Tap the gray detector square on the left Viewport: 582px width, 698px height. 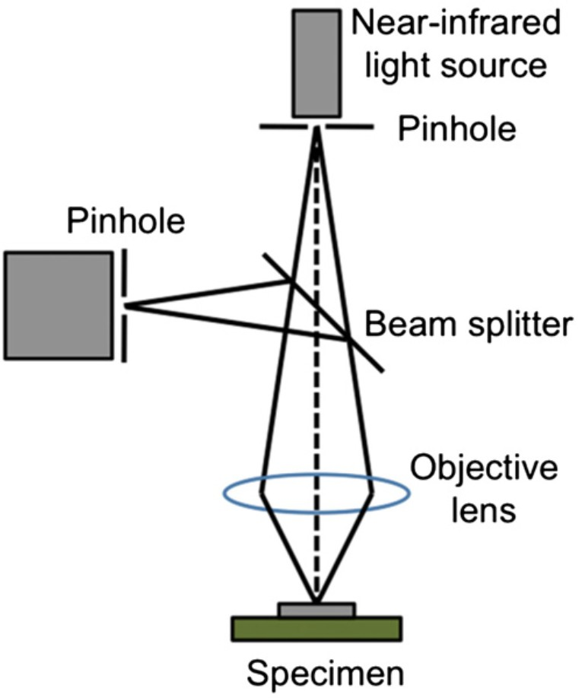(x=56, y=305)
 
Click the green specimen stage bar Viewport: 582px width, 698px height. (x=316, y=628)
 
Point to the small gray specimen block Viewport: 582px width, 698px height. (x=316, y=609)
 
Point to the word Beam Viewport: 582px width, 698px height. (x=402, y=325)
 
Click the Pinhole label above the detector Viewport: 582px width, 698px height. (x=126, y=222)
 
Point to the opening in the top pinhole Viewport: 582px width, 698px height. (x=316, y=127)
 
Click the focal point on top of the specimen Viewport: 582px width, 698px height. (x=316, y=601)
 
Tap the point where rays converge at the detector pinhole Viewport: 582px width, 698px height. (x=126, y=306)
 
